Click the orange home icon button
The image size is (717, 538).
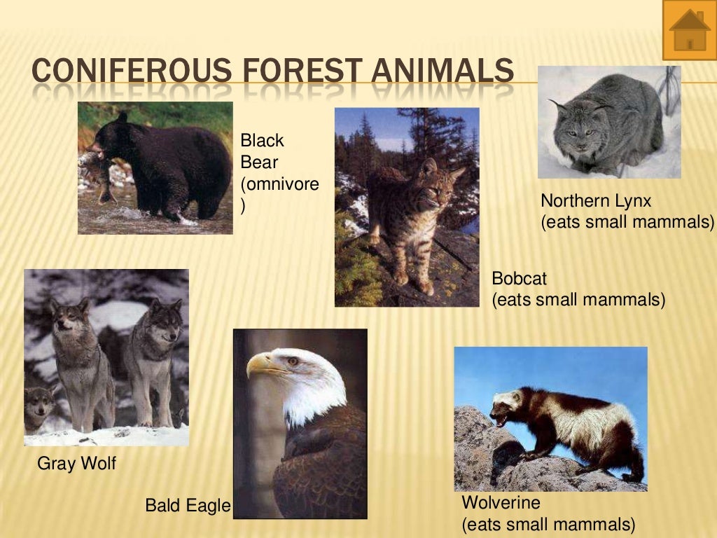coord(690,30)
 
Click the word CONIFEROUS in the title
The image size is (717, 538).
coord(131,72)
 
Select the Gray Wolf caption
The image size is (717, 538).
coord(77,463)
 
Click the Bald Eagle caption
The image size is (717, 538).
coord(188,505)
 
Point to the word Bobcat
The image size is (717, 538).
coord(519,279)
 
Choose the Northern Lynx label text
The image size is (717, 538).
coord(596,201)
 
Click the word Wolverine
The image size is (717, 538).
coord(501,502)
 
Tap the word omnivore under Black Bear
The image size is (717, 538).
coord(279,185)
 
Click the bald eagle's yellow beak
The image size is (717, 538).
coord(260,364)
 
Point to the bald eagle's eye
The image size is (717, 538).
coord(292,361)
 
